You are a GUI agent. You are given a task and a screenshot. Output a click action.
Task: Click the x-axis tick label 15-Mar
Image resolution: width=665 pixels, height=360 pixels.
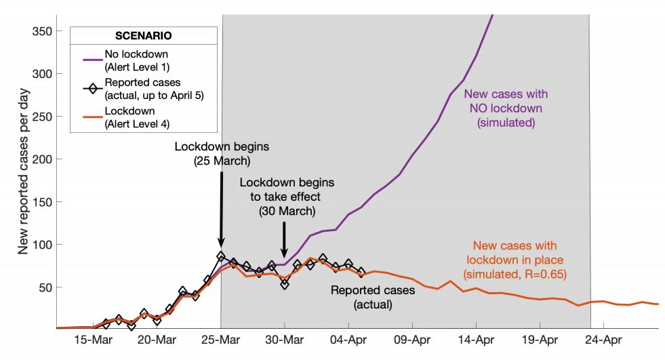[x=93, y=340]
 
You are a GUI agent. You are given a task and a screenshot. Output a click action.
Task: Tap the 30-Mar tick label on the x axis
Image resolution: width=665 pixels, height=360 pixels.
[x=285, y=340]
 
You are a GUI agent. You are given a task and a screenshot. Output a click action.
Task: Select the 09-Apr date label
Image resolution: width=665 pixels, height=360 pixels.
[x=412, y=340]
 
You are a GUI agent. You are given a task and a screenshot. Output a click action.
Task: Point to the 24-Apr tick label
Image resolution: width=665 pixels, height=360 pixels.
[x=604, y=340]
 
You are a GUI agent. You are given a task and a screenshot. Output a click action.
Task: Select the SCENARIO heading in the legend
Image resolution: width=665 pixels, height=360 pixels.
[x=144, y=37]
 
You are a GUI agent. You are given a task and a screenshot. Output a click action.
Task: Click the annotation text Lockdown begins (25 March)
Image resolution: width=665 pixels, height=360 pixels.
[x=222, y=154]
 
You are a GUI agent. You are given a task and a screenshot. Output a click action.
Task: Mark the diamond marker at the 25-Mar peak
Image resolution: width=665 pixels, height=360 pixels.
[x=221, y=257]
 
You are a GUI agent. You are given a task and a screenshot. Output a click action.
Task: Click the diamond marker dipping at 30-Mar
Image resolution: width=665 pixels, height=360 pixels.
[x=285, y=283]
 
